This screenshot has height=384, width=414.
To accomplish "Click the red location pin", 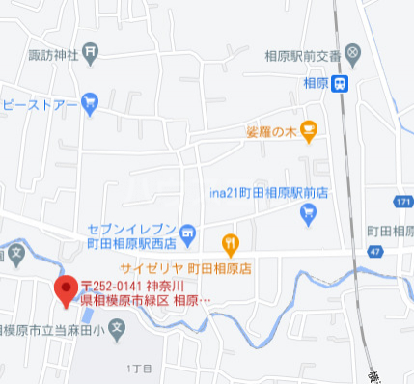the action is pyautogui.click(x=67, y=289).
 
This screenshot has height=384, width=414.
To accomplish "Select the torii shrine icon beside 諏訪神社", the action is pyautogui.click(x=90, y=52).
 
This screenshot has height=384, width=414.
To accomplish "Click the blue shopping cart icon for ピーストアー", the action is pyautogui.click(x=90, y=100).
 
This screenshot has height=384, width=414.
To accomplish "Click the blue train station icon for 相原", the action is pyautogui.click(x=341, y=84).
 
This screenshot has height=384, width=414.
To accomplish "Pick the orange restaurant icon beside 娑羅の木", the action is pyautogui.click(x=308, y=128).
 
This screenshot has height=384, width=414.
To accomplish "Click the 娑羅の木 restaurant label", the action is pyautogui.click(x=271, y=129).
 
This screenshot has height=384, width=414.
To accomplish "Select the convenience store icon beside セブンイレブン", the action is pyautogui.click(x=188, y=232).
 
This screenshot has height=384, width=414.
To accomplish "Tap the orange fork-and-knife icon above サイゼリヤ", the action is pyautogui.click(x=230, y=241).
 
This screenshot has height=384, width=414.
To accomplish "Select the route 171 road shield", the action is pyautogui.click(x=403, y=201).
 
